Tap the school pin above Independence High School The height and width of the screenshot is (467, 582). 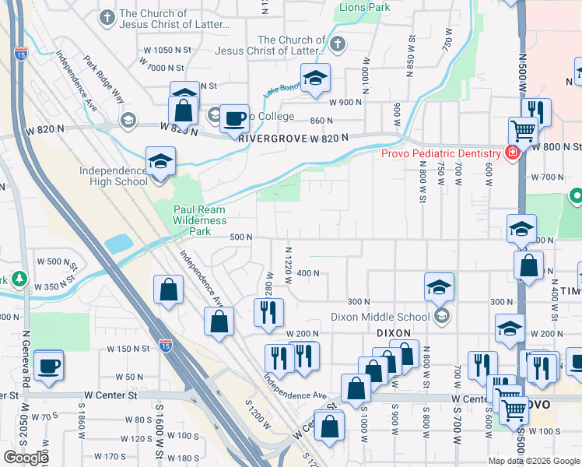tap(160, 162)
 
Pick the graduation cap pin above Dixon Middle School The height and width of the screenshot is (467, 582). tap(439, 288)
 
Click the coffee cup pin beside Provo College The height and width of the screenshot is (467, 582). tap(234, 119)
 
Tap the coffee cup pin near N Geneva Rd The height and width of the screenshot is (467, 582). tap(49, 365)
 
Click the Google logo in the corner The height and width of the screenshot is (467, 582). tap(26, 458)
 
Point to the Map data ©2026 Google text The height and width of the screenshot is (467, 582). tap(534, 461)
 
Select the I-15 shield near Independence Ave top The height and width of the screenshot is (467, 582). tap(20, 54)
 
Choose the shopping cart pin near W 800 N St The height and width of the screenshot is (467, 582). tap(523, 130)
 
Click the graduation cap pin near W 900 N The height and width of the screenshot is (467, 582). tap(315, 78)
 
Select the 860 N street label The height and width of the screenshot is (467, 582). tap(321, 121)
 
